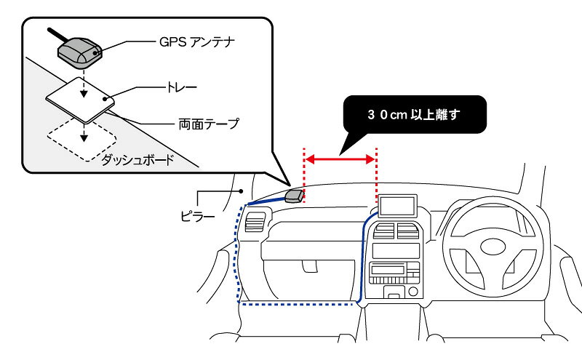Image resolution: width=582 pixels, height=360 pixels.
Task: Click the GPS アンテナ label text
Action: click(196, 41)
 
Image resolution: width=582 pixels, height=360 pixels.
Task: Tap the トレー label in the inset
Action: click(181, 87)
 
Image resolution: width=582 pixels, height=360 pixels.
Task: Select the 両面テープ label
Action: click(209, 124)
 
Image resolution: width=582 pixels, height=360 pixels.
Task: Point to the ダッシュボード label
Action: click(137, 160)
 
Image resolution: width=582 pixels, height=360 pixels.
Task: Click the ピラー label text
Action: click(197, 215)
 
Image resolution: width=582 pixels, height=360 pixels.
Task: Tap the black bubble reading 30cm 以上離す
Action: click(415, 114)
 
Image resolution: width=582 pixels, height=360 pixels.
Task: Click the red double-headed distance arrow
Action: click(340, 159)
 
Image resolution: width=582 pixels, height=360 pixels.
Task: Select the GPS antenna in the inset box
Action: click(79, 52)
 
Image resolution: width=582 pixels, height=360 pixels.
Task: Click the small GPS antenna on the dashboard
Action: click(295, 196)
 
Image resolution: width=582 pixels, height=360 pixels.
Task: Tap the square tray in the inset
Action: click(80, 100)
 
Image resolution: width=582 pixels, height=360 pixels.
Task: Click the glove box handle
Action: click(309, 265)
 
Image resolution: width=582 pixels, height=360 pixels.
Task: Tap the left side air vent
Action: click(255, 222)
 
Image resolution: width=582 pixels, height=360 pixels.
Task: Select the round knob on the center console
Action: click(413, 292)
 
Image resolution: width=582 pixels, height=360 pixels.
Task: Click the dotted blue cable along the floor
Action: click(297, 304)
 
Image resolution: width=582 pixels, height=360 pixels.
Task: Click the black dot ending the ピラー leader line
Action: click(241, 191)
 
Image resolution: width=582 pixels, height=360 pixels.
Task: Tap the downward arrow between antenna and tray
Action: click(84, 84)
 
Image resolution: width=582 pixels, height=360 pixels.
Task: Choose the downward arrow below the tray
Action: click(84, 132)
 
